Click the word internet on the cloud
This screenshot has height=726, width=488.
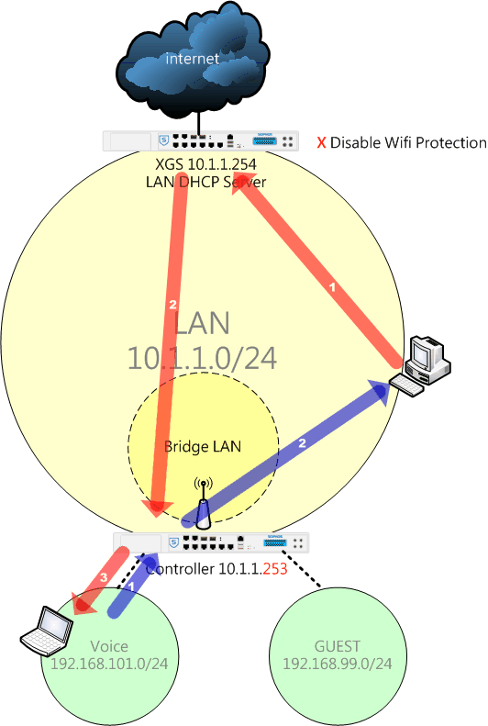point(192,59)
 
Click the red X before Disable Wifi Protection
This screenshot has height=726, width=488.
point(321,142)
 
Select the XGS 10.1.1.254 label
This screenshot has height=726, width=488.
point(205,164)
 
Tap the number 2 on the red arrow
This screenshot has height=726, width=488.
point(173,304)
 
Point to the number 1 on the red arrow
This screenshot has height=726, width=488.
point(332,287)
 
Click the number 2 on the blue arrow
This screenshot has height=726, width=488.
point(302,443)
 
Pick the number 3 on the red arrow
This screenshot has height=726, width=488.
point(104,577)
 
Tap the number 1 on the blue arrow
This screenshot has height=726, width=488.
point(131,586)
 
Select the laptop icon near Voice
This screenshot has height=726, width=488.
point(47,631)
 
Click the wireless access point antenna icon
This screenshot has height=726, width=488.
point(203,504)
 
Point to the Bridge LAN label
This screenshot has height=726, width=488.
point(203,446)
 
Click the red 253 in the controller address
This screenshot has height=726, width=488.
point(275,568)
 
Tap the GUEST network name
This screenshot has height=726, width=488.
point(338,646)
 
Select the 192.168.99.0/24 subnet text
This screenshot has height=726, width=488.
point(338,664)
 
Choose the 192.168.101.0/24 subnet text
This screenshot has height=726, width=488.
point(109,664)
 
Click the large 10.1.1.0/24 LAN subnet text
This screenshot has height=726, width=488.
point(202,358)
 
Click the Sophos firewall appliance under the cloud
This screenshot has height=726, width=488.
point(201,140)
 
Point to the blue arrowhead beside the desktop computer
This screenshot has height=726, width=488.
point(381,393)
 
